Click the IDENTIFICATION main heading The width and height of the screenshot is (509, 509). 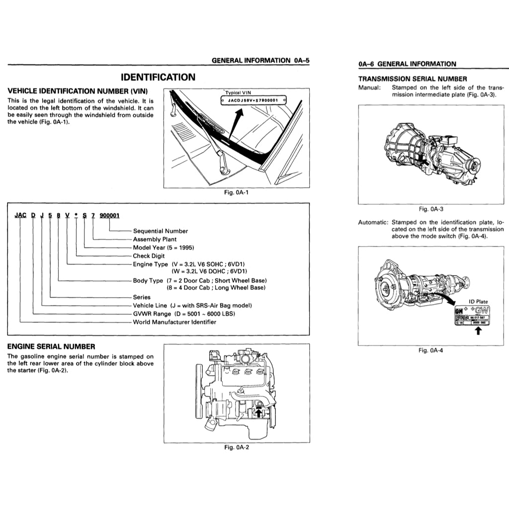point(158,77)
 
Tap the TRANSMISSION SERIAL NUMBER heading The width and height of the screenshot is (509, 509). point(412,79)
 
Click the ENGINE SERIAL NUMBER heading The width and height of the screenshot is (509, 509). point(51,346)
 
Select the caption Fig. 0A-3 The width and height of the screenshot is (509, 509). point(431,209)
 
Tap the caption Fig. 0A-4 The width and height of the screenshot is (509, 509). point(431,350)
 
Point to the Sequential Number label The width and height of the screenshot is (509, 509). point(160,231)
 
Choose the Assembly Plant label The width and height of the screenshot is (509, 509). point(154,239)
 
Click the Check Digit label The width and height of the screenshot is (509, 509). point(148,256)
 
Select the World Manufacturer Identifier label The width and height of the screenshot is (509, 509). point(174,322)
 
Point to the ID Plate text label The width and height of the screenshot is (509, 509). point(478,302)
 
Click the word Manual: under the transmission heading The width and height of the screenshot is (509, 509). point(369,87)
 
